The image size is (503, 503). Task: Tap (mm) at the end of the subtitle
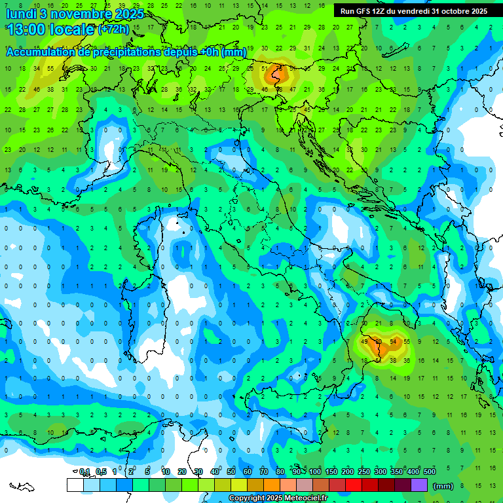coord(234,52)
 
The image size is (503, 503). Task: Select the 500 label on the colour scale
coord(430,472)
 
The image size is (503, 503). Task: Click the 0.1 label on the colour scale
coord(84,472)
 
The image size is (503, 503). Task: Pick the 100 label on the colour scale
coord(315,472)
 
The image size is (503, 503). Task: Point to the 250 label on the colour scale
coord(364,472)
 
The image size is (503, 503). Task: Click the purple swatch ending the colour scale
coord(419,485)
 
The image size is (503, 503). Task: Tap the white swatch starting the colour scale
coord(75,485)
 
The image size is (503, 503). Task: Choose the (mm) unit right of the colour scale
coord(443,486)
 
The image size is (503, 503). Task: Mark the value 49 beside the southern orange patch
coord(365,342)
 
